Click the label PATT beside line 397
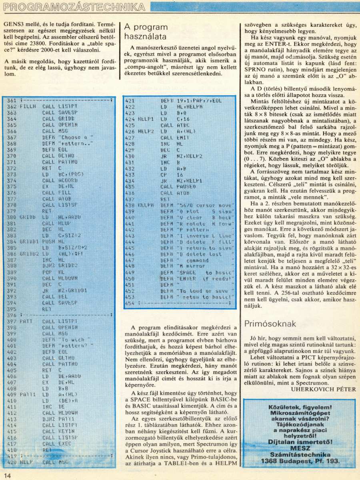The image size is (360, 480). tap(26, 322)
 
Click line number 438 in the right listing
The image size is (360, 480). tap(130, 205)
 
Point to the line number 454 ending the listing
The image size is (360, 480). tap(130, 303)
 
